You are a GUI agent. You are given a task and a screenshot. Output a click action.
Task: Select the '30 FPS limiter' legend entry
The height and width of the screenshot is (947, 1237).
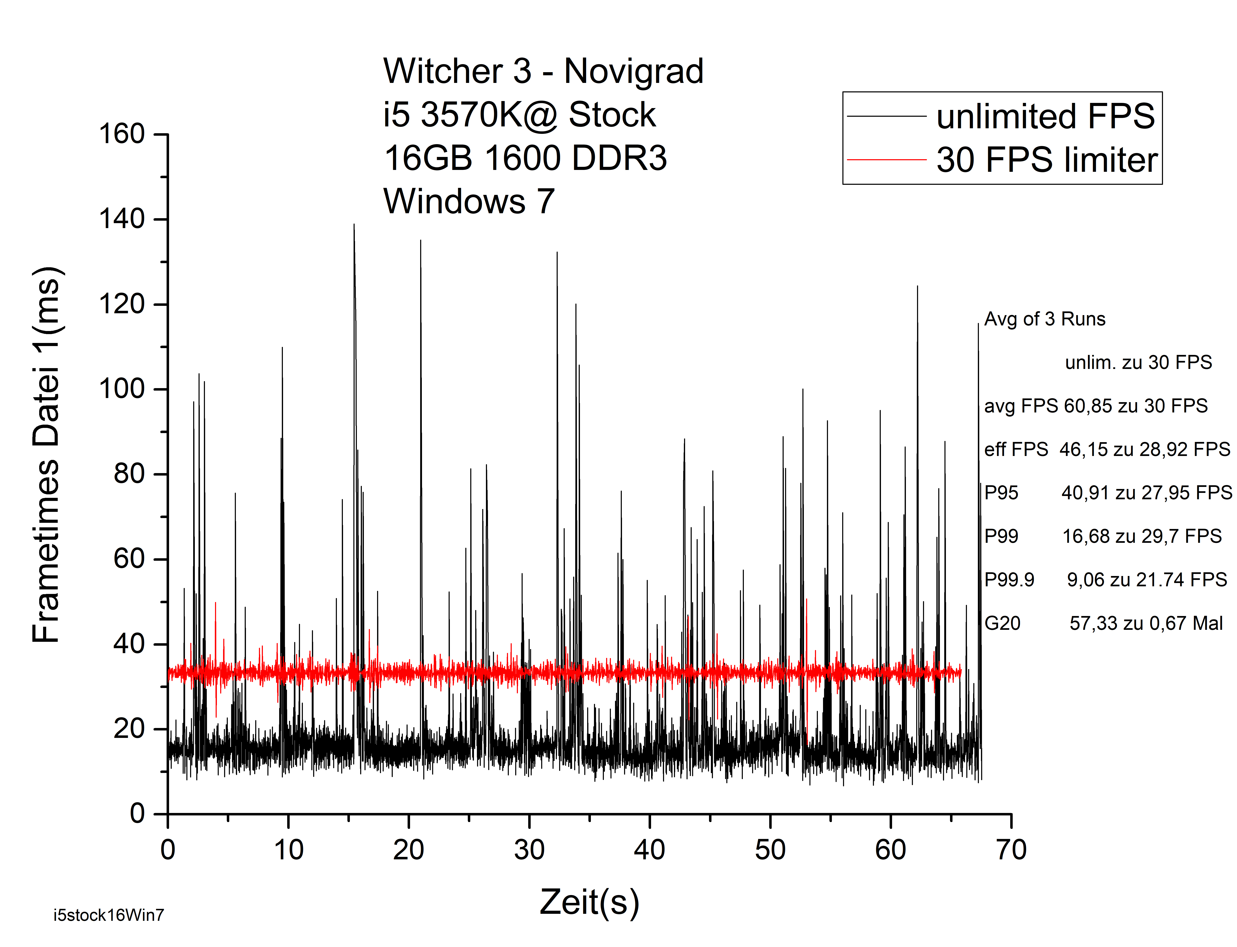(x=1047, y=160)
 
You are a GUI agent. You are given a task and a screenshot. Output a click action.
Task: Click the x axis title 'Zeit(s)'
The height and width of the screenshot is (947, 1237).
(x=589, y=902)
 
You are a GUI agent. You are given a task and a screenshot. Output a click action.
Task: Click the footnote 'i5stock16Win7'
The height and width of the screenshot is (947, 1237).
(x=109, y=915)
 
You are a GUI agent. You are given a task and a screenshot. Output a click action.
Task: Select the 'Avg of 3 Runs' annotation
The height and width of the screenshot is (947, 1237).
(x=1044, y=319)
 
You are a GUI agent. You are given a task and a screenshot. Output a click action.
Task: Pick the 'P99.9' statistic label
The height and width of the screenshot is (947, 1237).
(x=1009, y=580)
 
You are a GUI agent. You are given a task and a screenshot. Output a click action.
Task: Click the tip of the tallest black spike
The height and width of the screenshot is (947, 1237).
(x=354, y=225)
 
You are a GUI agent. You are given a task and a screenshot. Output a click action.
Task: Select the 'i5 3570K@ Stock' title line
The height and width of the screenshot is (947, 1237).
(x=519, y=115)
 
